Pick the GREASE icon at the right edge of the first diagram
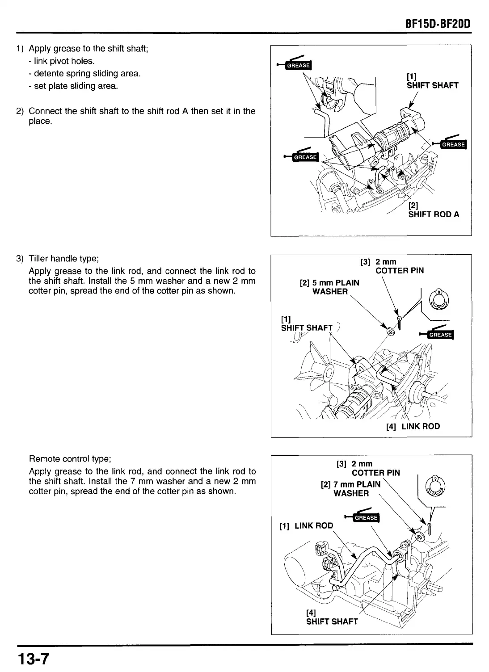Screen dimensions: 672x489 (x=453, y=144)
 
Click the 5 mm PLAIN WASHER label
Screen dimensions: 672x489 (x=330, y=287)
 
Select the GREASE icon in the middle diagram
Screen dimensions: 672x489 (x=440, y=335)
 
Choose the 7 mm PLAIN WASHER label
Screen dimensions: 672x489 (x=351, y=489)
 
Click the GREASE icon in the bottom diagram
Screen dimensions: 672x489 (x=366, y=517)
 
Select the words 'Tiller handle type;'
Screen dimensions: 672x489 (x=63, y=259)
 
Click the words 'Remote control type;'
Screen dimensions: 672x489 (x=70, y=459)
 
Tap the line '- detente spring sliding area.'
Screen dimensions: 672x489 (x=84, y=73)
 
